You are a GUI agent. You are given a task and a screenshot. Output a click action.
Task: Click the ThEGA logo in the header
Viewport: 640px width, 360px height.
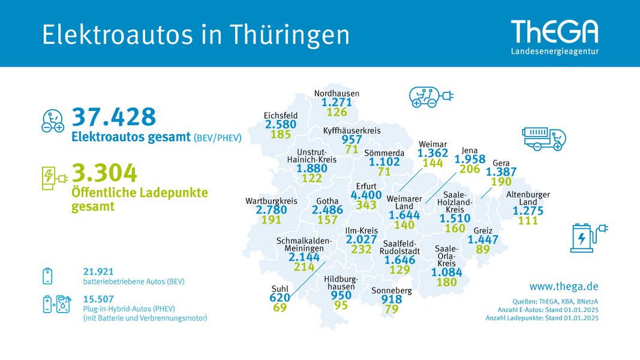tap(555, 37)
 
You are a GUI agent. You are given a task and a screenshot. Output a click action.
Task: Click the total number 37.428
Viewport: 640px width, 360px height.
tap(114, 117)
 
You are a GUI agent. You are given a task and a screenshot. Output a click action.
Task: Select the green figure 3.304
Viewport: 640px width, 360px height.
tap(104, 173)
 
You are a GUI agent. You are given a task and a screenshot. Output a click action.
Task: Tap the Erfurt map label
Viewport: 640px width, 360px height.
tap(366, 186)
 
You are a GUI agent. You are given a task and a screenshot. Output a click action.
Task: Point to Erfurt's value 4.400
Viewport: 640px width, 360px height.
tap(366, 195)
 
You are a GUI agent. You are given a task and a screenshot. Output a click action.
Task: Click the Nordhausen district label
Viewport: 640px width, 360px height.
tap(336, 93)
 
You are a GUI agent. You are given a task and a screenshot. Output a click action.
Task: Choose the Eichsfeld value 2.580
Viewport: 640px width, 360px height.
tap(281, 124)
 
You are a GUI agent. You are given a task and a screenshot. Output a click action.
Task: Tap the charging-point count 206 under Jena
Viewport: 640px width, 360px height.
tap(470, 169)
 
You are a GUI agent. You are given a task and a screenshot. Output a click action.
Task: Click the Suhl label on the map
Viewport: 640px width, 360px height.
tap(280, 289)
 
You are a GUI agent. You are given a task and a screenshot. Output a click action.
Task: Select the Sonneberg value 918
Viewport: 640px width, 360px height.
tap(392, 299)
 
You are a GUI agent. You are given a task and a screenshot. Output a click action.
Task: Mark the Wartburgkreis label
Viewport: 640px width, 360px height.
tap(272, 201)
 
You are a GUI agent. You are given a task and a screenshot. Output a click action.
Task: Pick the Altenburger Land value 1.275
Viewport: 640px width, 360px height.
tap(528, 211)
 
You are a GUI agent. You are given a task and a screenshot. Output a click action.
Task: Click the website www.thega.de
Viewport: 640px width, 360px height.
tap(564, 287)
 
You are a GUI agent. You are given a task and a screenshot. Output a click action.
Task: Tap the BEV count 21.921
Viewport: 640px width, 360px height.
tap(98, 271)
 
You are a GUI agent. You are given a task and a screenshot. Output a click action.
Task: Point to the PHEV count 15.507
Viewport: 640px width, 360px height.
tap(98, 299)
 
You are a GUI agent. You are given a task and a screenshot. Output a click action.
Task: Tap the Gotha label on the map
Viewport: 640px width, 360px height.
tap(327, 201)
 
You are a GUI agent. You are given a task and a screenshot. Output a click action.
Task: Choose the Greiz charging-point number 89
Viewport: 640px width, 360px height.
tap(483, 249)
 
